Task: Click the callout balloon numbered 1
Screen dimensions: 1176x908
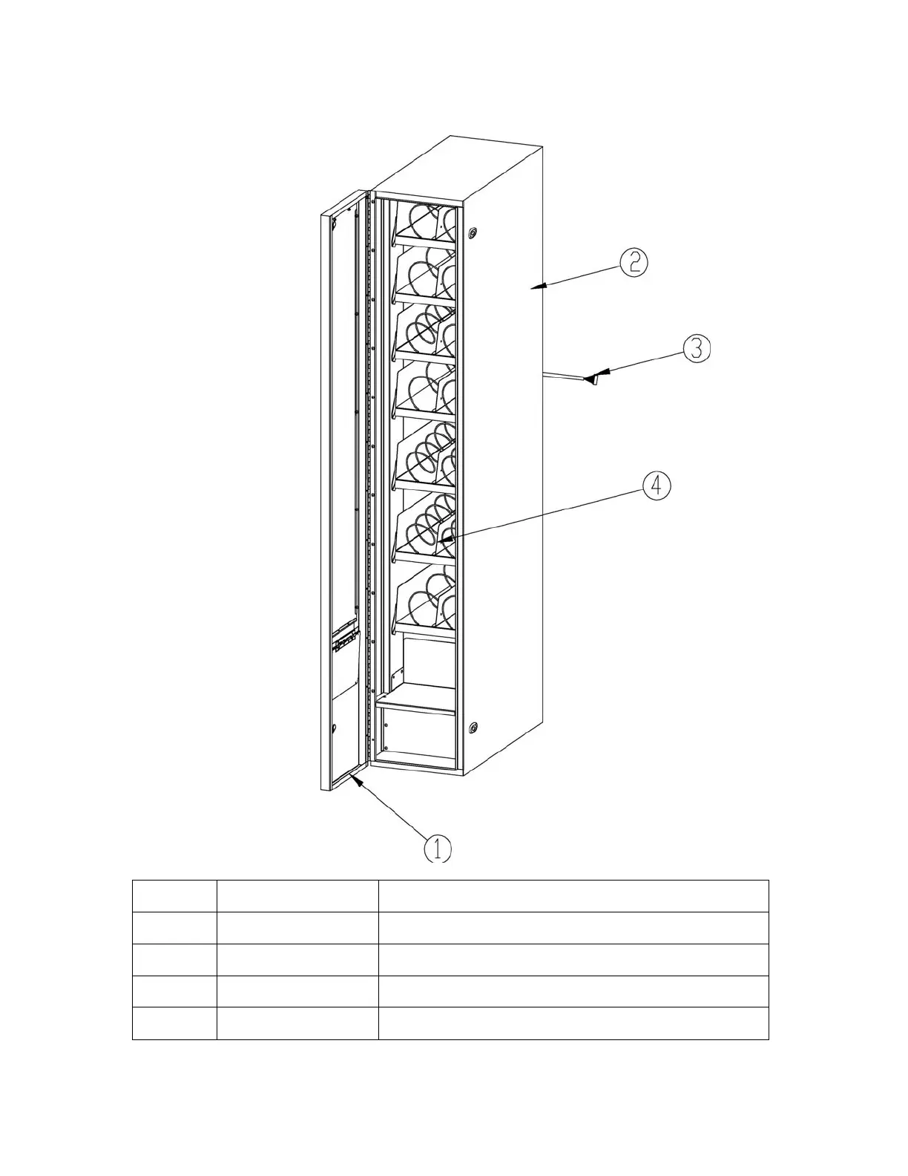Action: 438,848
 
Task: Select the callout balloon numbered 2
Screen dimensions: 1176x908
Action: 634,263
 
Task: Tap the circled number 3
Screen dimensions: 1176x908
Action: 697,349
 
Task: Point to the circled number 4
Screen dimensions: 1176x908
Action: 657,486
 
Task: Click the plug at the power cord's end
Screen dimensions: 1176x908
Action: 591,379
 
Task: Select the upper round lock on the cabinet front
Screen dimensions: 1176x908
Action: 473,232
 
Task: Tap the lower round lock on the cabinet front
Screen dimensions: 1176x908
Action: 473,727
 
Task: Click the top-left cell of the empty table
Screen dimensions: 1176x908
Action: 174,896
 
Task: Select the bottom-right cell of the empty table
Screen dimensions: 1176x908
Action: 573,1023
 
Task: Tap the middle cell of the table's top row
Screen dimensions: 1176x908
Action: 297,896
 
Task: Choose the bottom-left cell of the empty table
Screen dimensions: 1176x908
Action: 174,1023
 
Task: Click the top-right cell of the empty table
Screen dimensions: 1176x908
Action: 573,896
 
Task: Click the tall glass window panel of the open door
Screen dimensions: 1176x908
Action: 343,416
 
